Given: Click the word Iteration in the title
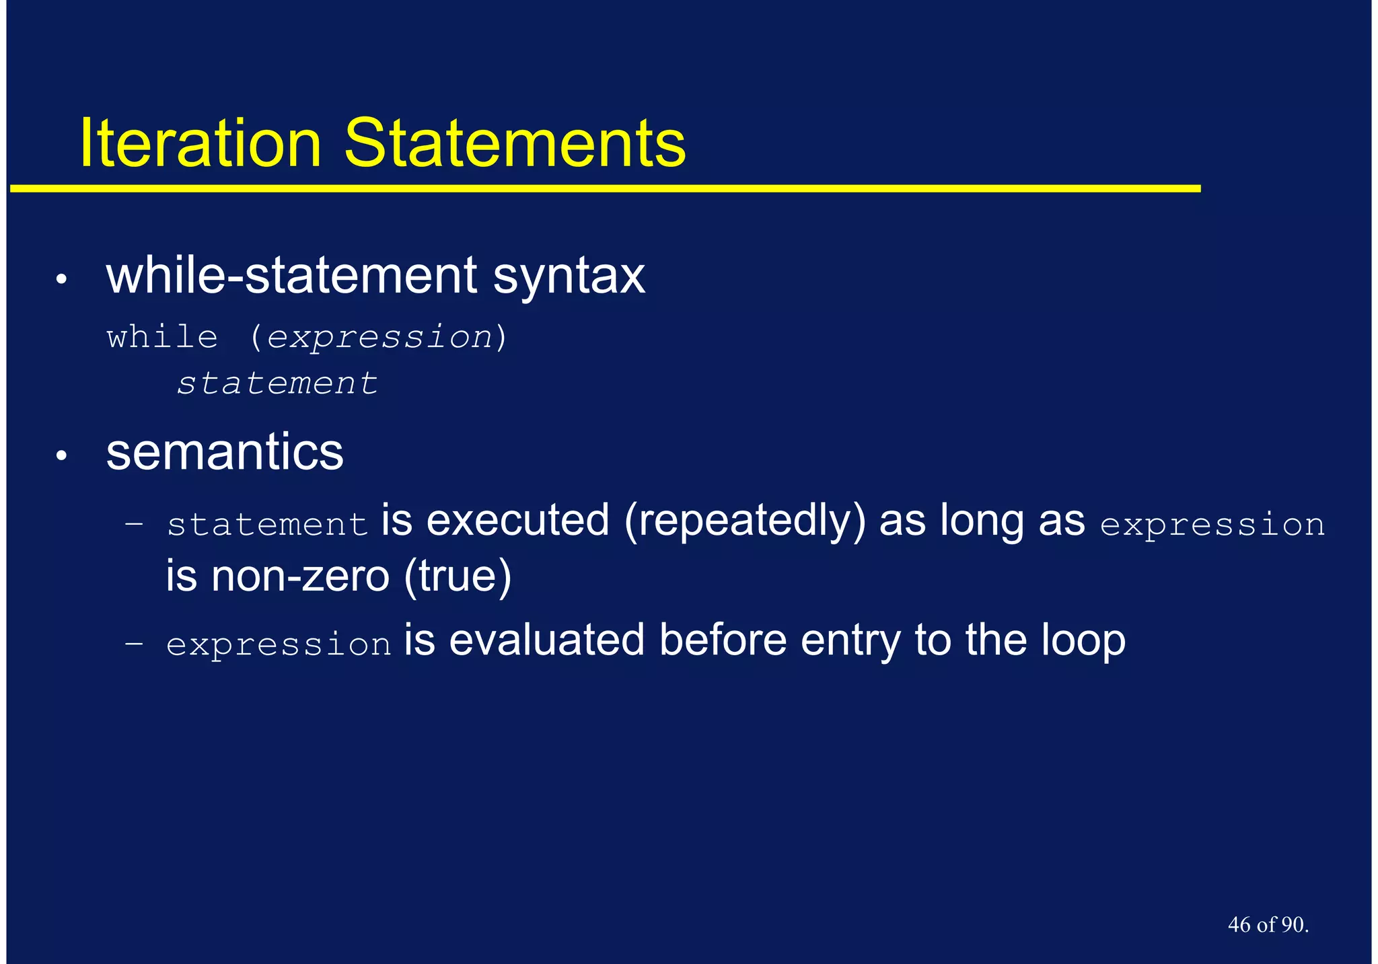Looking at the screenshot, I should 200,143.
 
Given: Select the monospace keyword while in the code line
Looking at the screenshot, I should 162,336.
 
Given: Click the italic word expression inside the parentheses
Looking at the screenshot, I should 379,336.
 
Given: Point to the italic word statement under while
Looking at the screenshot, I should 277,383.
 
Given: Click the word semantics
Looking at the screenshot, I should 225,452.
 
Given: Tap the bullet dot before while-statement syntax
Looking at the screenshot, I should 61,279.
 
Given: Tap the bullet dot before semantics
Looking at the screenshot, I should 61,457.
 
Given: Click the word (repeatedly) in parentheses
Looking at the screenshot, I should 745,521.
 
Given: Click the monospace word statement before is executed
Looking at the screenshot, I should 267,525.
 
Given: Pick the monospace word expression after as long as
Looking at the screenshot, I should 1212,525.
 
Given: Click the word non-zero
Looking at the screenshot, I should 300,576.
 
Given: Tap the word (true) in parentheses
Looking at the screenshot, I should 458,576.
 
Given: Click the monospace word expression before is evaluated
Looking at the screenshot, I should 279,644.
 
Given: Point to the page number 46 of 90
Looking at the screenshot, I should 1268,925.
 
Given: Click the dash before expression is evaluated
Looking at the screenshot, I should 134,643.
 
